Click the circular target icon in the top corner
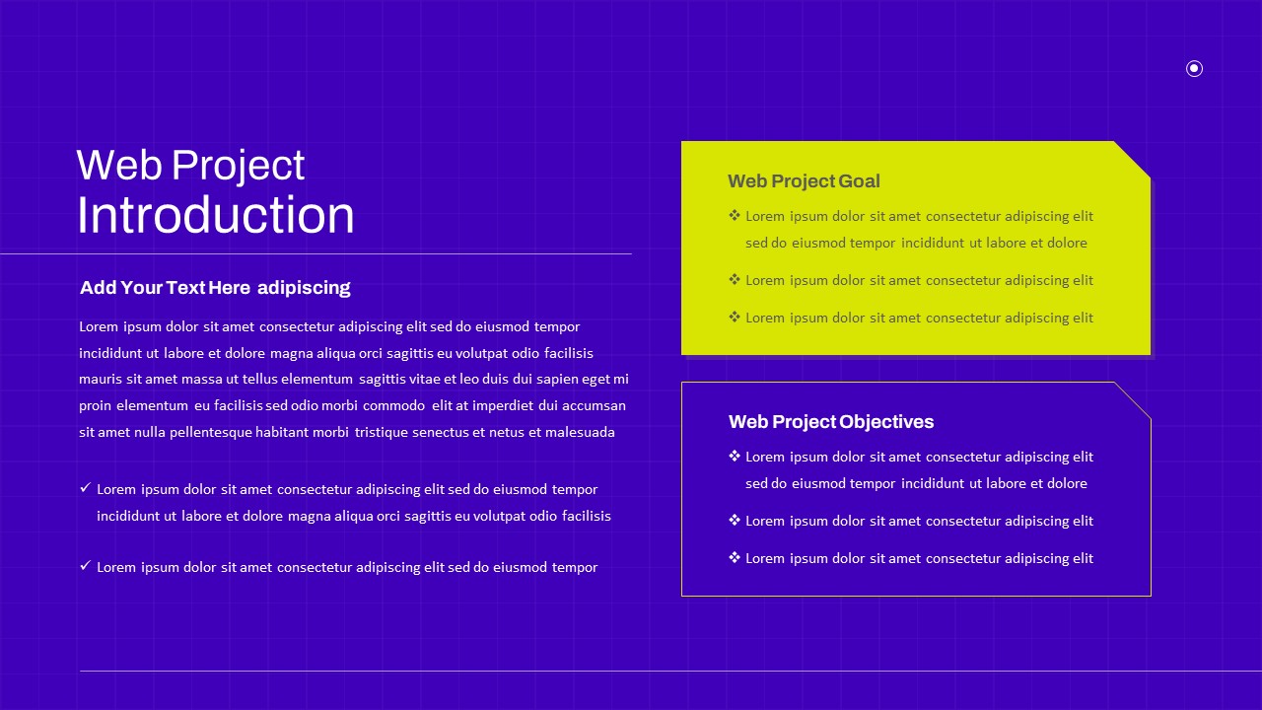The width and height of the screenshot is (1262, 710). point(1194,69)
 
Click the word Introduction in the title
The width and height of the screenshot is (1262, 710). point(215,215)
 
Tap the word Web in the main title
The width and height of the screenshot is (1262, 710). point(119,165)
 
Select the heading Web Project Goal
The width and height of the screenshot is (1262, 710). point(804,180)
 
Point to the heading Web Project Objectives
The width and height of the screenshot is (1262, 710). point(831,421)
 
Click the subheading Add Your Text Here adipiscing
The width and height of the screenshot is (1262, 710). point(215,287)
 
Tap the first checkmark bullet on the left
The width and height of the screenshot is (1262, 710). point(85,487)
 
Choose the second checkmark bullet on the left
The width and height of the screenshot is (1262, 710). point(85,565)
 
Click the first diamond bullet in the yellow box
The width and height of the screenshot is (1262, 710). point(735,215)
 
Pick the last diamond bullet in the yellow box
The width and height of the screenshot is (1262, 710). point(735,317)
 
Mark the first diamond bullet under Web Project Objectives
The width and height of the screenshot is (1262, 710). point(735,456)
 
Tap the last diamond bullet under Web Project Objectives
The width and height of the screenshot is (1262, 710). point(735,557)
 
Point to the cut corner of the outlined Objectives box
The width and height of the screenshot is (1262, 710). point(1133,400)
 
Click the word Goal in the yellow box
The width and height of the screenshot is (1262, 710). point(859,180)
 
